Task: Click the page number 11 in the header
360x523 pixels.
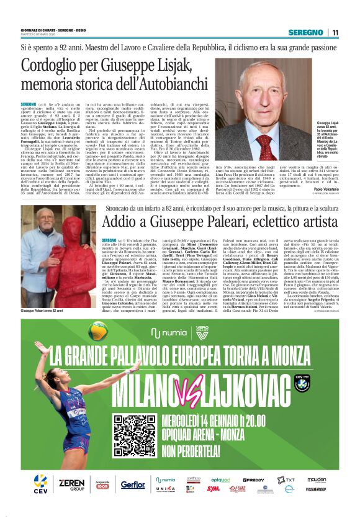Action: click(x=335, y=32)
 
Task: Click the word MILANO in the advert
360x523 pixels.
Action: click(x=145, y=383)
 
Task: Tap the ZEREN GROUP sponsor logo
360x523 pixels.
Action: click(x=71, y=484)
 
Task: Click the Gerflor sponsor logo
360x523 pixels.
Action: click(x=132, y=484)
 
